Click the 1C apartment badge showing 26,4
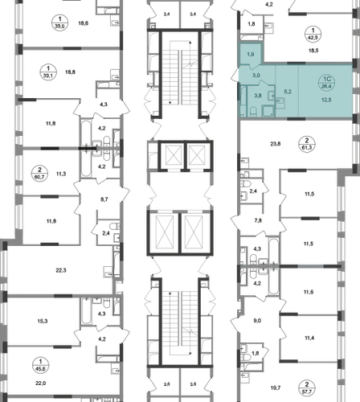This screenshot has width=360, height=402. (x=327, y=83)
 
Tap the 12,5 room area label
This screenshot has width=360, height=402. (x=326, y=100)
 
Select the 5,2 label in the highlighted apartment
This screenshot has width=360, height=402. (x=288, y=92)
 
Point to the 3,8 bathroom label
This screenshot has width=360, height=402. (x=258, y=95)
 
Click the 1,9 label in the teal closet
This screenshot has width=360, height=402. (x=251, y=55)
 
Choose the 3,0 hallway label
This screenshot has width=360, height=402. (x=256, y=76)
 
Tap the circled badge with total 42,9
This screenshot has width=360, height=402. (x=313, y=34)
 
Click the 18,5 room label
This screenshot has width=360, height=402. (x=313, y=51)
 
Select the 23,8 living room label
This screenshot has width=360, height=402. (x=276, y=144)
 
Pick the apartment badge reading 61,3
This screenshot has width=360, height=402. (x=307, y=144)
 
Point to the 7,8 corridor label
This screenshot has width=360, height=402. (x=258, y=220)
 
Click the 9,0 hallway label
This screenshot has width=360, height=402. (x=257, y=321)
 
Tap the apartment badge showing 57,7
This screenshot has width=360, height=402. (x=307, y=388)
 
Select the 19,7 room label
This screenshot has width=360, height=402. (x=276, y=388)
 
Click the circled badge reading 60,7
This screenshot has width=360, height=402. (x=39, y=174)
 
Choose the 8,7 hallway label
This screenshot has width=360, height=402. (x=104, y=199)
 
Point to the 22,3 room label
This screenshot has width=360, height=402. (x=61, y=270)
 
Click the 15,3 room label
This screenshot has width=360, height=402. (x=43, y=321)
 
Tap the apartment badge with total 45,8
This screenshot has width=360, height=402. (x=40, y=365)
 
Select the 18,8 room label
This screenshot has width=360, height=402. (x=70, y=72)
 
